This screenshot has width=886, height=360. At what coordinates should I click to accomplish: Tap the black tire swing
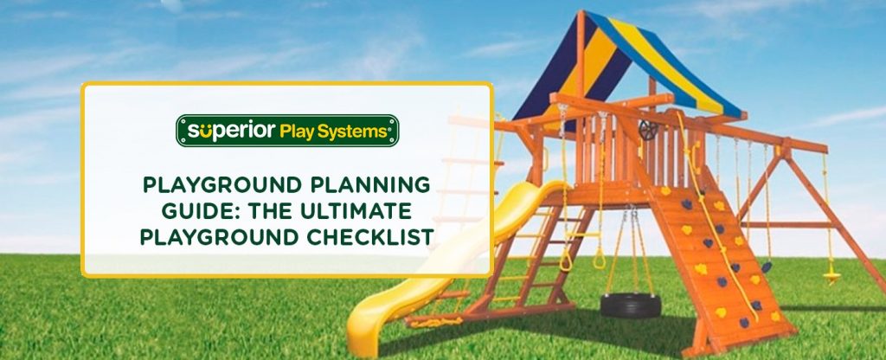[631, 304]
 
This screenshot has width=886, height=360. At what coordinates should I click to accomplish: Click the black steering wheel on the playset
[649, 130]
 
